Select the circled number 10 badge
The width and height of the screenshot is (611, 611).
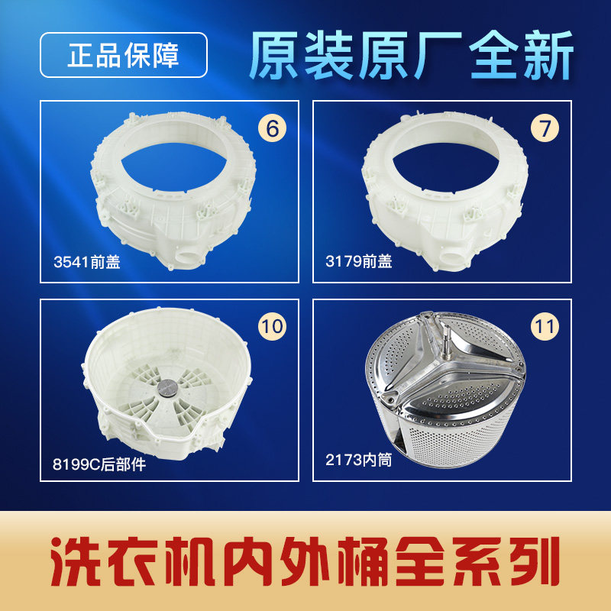pos(271,327)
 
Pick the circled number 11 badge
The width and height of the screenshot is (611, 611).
pos(544,327)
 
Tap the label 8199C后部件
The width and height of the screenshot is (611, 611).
pos(99,464)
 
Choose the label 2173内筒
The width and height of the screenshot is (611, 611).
pos(358,461)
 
